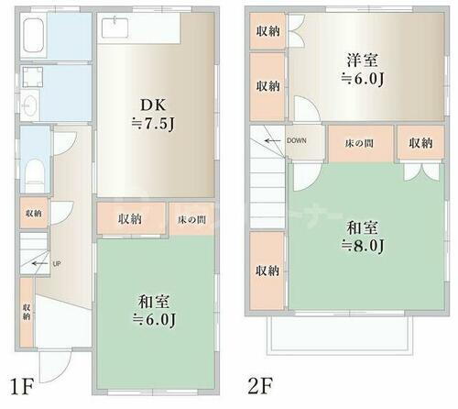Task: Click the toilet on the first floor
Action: point(33,171)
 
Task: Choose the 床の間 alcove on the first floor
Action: point(191,220)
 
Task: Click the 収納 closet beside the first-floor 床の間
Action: point(130,220)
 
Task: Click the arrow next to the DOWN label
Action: point(273,140)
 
